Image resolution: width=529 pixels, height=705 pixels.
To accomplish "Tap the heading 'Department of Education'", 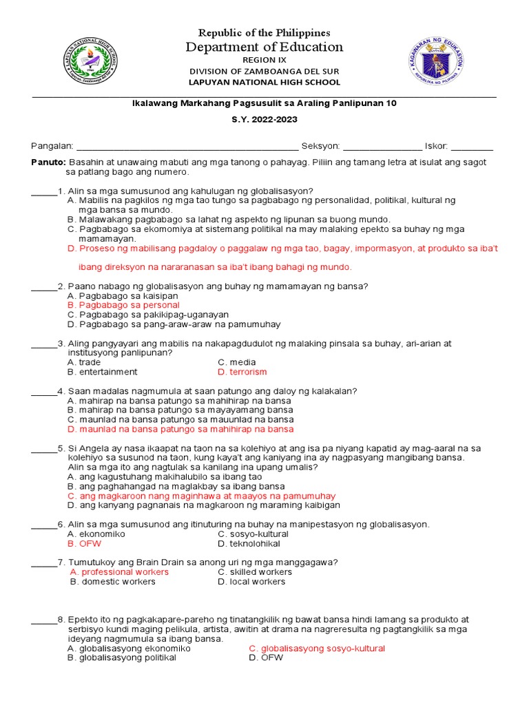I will [264, 47].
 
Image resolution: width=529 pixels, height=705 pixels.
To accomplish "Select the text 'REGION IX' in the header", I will [264, 60].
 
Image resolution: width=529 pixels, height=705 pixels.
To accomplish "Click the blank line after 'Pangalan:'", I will [187, 147].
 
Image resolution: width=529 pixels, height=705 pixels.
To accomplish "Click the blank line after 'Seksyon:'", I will [382, 147].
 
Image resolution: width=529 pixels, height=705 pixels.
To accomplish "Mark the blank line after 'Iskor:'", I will [472, 147].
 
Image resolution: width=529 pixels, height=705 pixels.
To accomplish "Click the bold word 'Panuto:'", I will [49, 162].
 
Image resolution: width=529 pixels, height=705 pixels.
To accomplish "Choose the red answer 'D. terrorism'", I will [242, 372].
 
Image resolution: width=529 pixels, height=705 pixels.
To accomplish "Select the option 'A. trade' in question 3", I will [84, 362].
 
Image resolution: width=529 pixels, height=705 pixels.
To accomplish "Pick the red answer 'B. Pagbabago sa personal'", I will [123, 305].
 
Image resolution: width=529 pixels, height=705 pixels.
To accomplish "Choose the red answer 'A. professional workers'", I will [120, 572].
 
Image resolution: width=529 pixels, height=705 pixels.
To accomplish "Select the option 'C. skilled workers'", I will [255, 572].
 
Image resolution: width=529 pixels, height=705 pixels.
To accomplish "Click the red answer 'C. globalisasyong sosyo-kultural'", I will [316, 649].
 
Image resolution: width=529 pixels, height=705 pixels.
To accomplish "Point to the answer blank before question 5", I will [43, 449].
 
